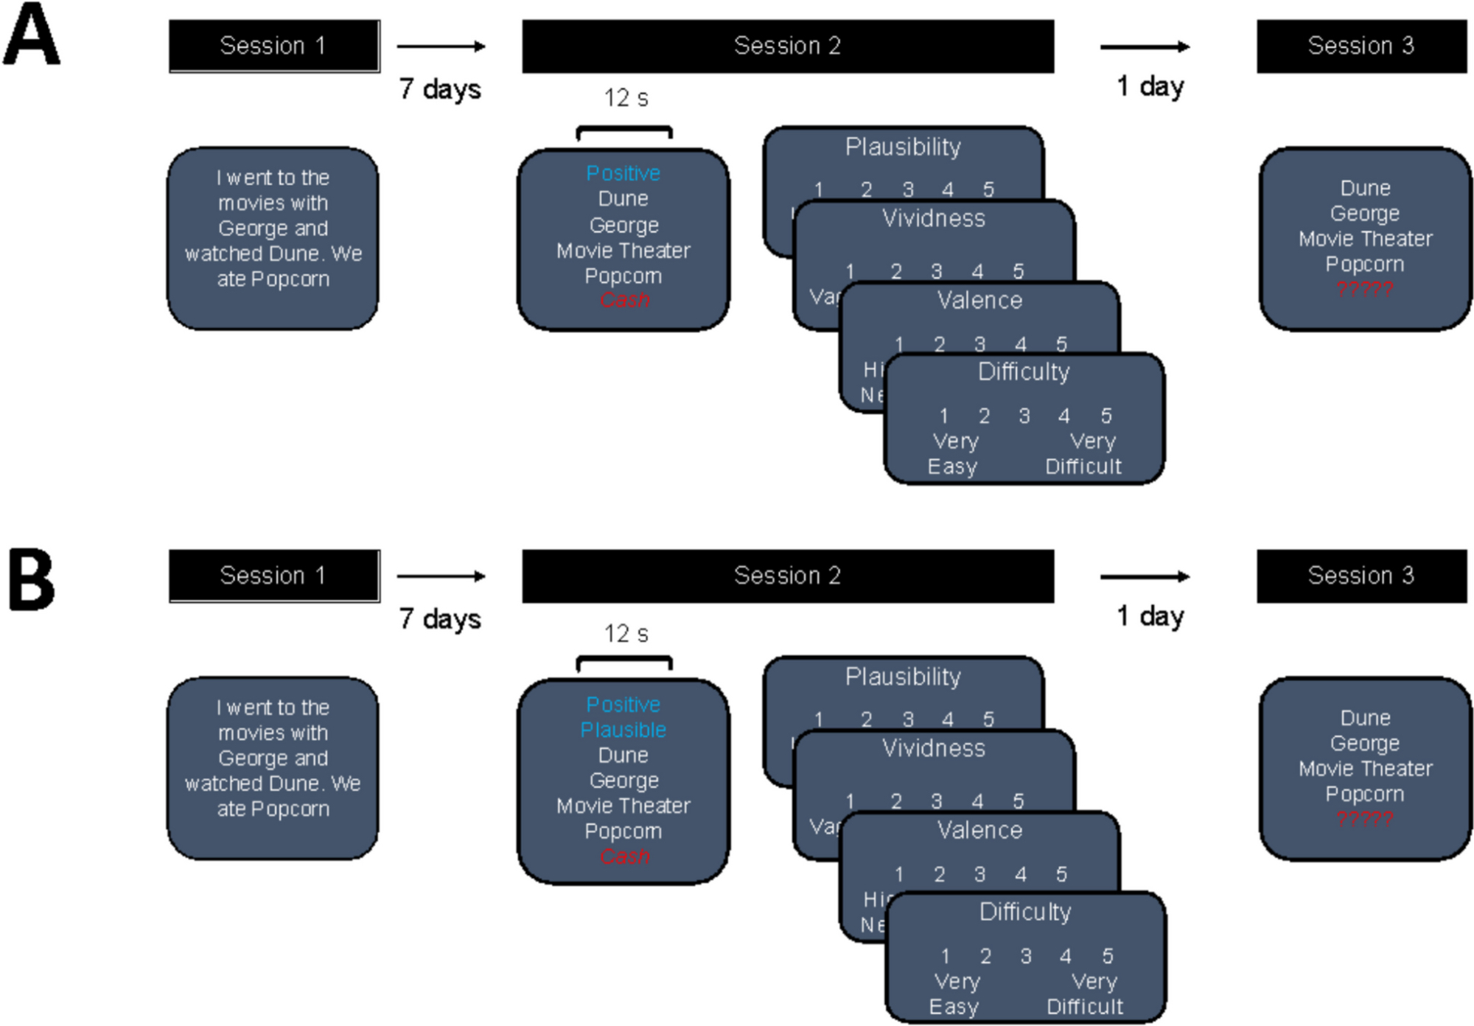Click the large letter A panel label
(x=31, y=35)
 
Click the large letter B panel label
(x=31, y=579)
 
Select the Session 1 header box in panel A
(x=273, y=46)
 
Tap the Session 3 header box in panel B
(x=1361, y=576)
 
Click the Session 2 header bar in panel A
(x=787, y=46)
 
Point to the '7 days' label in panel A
(x=439, y=89)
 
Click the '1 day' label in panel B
(x=1150, y=615)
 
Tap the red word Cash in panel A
(x=624, y=300)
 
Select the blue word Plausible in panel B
(x=624, y=730)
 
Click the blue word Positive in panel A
(x=624, y=173)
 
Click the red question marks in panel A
(x=1364, y=289)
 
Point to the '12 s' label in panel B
(x=626, y=633)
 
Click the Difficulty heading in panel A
(x=1023, y=371)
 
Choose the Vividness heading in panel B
(x=933, y=748)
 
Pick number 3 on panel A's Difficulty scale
(x=1024, y=416)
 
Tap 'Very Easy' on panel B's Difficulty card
(x=954, y=994)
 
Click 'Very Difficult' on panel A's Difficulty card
(x=1084, y=454)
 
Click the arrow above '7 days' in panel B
(x=441, y=576)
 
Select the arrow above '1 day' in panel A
(x=1144, y=47)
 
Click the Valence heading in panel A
(x=979, y=300)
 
